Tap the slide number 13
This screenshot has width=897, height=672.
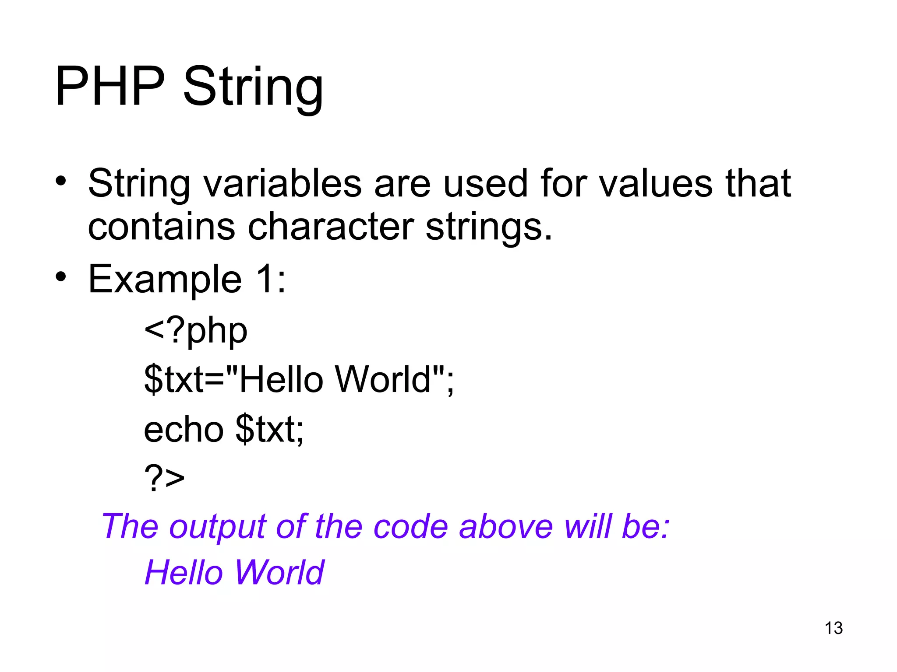click(833, 628)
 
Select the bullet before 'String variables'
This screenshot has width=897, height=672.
click(61, 180)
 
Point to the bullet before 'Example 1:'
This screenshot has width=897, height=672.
click(61, 276)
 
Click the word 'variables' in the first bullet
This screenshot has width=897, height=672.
click(283, 183)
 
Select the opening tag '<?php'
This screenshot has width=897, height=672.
click(196, 331)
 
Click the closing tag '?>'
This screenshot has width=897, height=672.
click(164, 478)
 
